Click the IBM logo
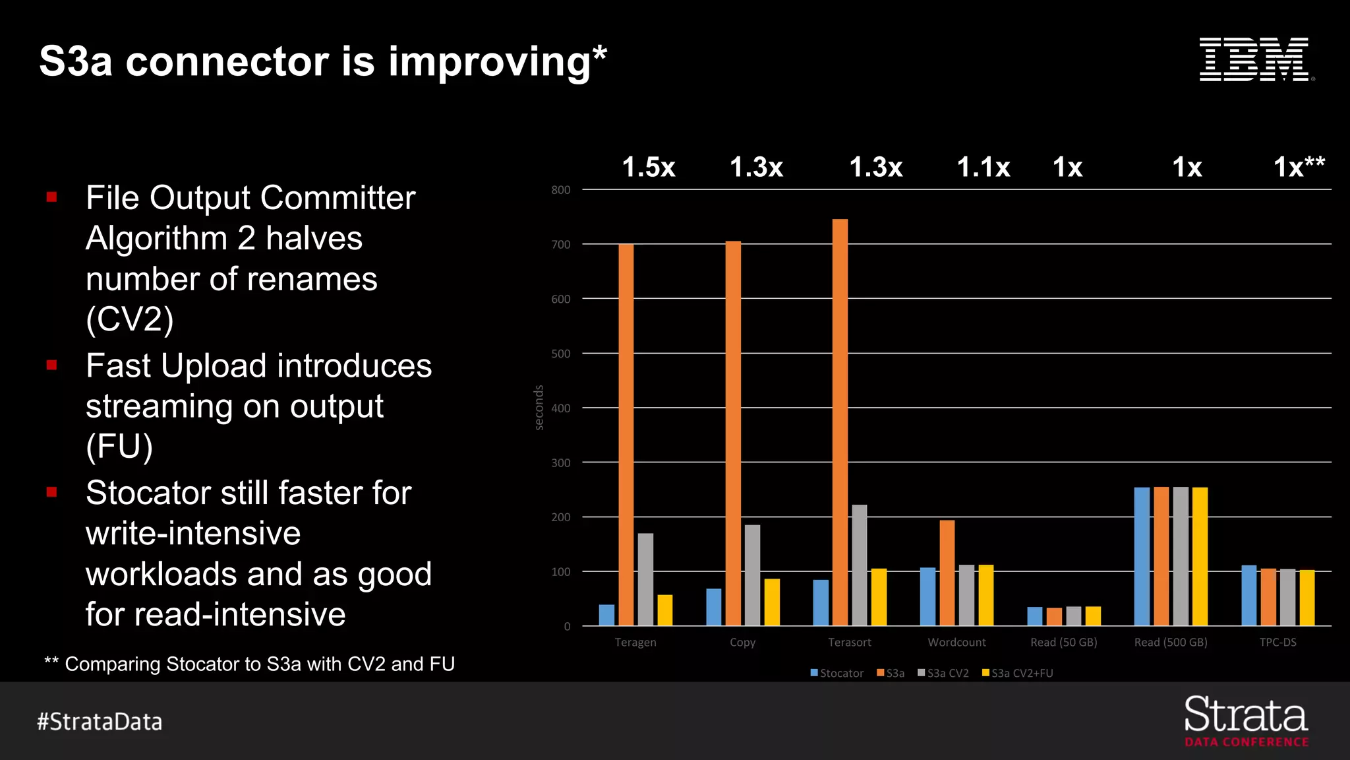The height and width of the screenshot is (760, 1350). tap(1256, 59)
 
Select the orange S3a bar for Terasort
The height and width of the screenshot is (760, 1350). tap(840, 422)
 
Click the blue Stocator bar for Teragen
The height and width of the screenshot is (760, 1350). tap(606, 615)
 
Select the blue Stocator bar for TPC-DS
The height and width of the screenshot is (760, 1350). tap(1248, 595)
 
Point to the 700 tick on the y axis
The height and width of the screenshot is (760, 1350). tap(561, 245)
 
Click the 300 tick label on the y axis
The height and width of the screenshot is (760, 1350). tap(561, 463)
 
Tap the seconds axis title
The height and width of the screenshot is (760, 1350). tap(539, 408)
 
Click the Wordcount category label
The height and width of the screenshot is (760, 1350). tap(956, 642)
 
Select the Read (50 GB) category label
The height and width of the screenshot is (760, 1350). tap(1063, 642)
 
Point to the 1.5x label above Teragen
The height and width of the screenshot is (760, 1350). tap(649, 167)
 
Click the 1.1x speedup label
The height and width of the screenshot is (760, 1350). tap(983, 167)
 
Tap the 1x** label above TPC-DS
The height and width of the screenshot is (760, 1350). tap(1299, 166)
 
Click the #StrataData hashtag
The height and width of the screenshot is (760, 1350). tap(100, 722)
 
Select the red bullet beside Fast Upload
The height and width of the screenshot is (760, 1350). tap(52, 365)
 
